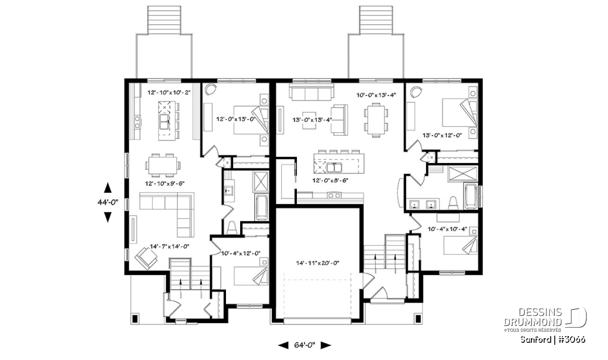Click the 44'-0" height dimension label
tap(108, 202)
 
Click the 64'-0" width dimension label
tap(305, 345)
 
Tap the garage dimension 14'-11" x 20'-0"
tap(318, 263)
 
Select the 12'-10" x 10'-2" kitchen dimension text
tap(169, 93)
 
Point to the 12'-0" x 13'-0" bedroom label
tap(236, 119)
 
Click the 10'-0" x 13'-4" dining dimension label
tap(376, 95)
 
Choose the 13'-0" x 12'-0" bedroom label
tap(442, 135)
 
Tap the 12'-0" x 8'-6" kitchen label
tap(330, 180)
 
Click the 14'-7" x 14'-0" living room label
tap(169, 247)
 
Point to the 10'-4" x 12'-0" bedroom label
tap(241, 253)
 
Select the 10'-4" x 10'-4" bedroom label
tap(447, 229)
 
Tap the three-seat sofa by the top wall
tap(311, 92)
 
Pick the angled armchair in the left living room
tap(146, 259)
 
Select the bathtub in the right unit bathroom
tap(471, 196)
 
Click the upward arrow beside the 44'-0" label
tap(108, 188)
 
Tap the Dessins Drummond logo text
tap(533, 317)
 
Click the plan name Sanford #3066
tap(553, 339)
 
